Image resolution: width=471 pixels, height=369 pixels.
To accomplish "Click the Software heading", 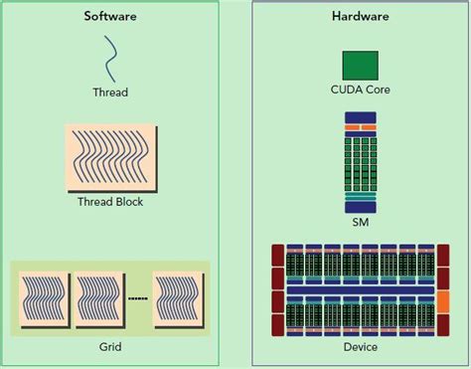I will pyautogui.click(x=110, y=16).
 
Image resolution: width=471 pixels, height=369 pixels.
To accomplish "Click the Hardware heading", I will pyautogui.click(x=360, y=16).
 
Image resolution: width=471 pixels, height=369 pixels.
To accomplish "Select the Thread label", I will pyautogui.click(x=110, y=92).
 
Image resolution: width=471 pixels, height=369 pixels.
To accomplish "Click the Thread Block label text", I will pyautogui.click(x=110, y=202).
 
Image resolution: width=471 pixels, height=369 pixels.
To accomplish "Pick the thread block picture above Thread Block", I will pyautogui.click(x=110, y=158).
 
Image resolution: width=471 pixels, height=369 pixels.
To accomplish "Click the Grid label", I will pyautogui.click(x=110, y=348).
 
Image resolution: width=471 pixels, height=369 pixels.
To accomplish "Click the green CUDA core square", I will pyautogui.click(x=360, y=66).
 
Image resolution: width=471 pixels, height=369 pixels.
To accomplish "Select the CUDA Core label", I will pyautogui.click(x=360, y=91).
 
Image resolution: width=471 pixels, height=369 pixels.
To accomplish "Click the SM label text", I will pyautogui.click(x=360, y=222).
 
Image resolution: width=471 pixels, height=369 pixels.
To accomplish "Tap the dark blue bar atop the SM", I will pyautogui.click(x=360, y=117).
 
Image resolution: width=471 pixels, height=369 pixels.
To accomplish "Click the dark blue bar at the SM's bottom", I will pyautogui.click(x=360, y=207).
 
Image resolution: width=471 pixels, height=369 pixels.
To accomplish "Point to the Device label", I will pyautogui.click(x=360, y=348).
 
